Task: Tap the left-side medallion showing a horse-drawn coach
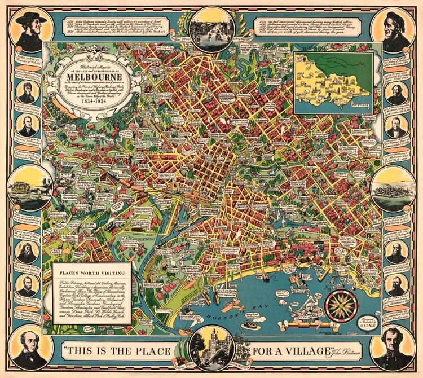(x=29, y=187)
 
